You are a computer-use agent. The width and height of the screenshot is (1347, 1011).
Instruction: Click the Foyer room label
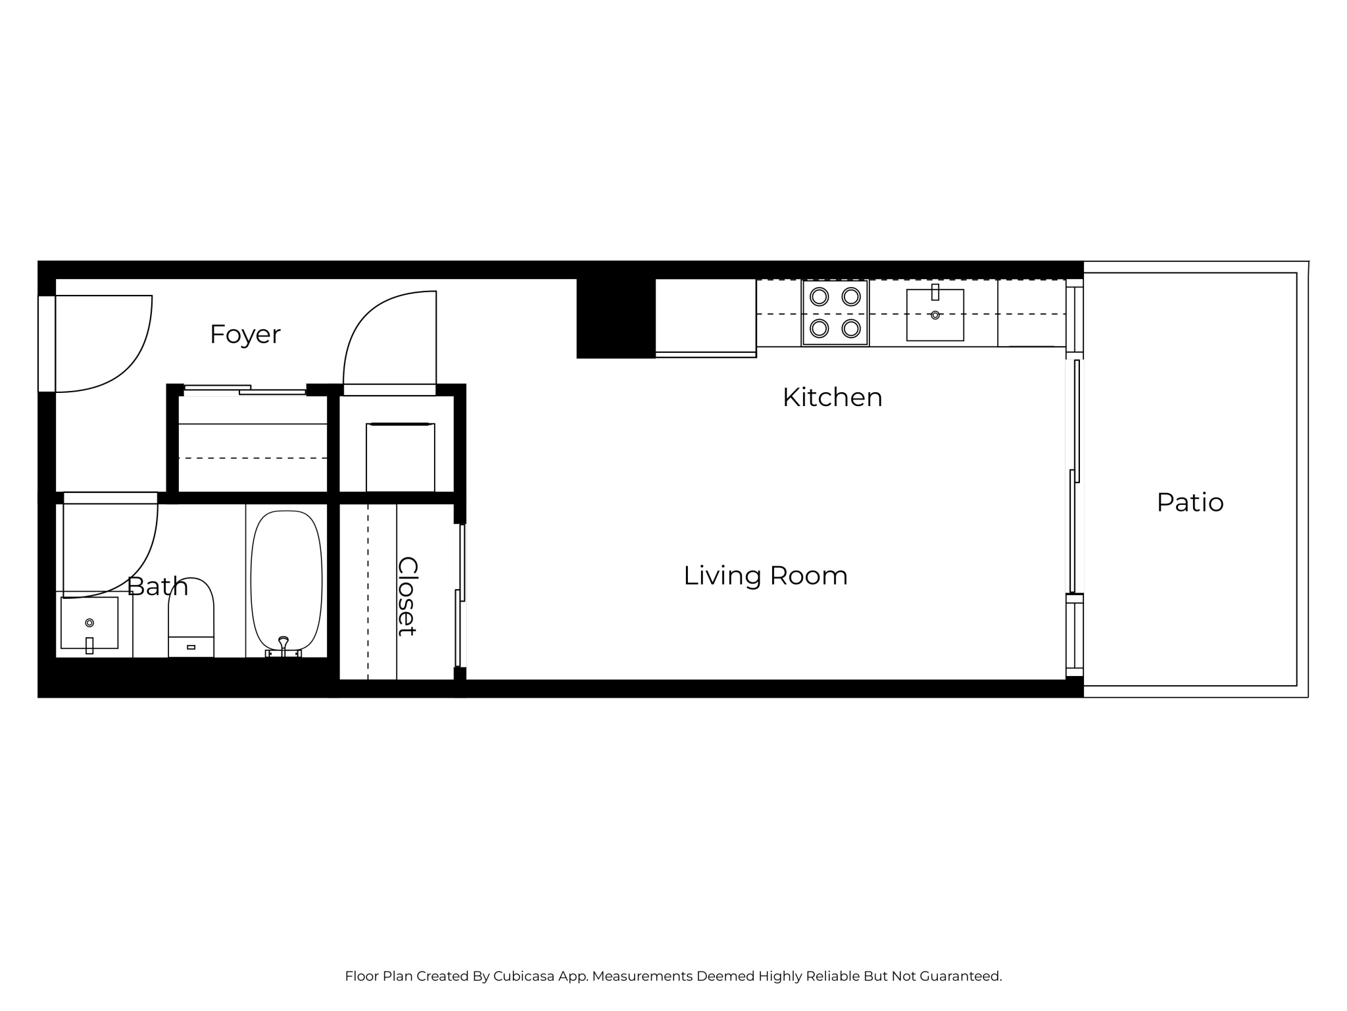pos(245,334)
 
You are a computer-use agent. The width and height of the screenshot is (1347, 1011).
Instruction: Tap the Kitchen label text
pos(832,398)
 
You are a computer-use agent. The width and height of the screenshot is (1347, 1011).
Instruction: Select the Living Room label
pos(766,576)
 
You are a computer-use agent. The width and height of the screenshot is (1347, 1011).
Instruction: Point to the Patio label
pos(1190,503)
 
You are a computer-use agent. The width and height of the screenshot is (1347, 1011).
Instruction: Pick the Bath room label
pos(158,586)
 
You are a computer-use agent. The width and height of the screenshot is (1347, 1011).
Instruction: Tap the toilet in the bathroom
pos(191,617)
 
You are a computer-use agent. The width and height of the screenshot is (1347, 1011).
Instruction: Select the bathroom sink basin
pos(89,623)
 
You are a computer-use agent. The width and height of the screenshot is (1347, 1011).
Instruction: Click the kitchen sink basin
pos(935,315)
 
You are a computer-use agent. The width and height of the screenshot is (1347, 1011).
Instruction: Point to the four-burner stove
pos(835,313)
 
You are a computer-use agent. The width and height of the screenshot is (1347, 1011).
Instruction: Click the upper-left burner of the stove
pos(820,297)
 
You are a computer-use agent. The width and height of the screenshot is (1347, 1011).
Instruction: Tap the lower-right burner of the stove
pos(851,328)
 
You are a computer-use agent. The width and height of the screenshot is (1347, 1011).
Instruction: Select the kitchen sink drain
pos(935,315)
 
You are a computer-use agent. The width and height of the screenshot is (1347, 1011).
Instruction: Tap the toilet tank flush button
pos(191,647)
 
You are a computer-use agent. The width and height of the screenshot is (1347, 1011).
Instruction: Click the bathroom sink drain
pos(89,623)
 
